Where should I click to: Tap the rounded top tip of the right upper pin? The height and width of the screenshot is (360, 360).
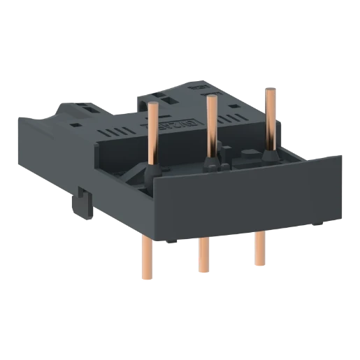[x=267, y=88]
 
